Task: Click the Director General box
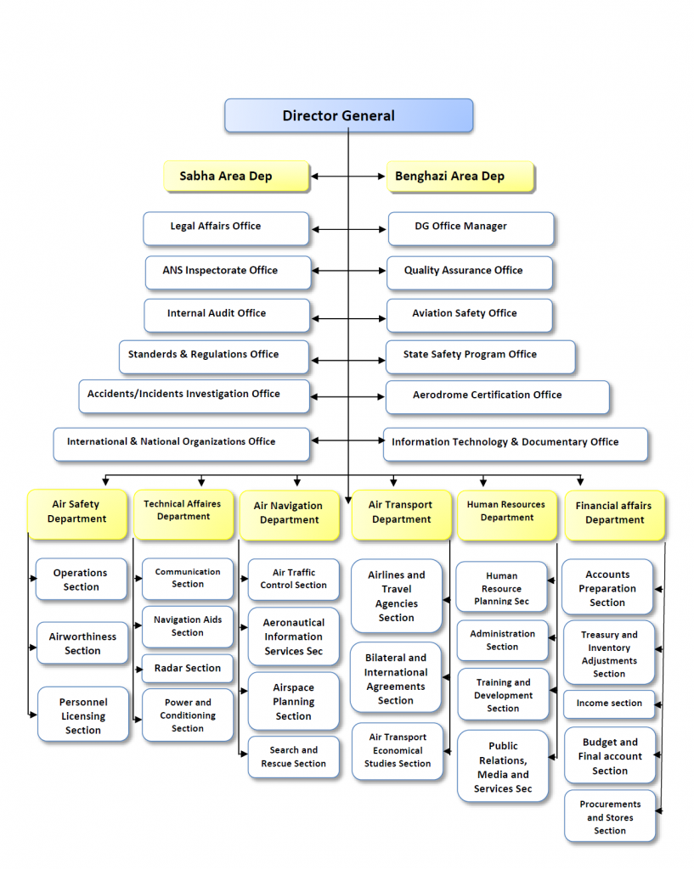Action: (348, 115)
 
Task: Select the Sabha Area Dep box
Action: (235, 177)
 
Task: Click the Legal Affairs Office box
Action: (226, 227)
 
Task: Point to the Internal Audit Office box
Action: (226, 314)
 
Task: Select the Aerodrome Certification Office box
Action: (497, 395)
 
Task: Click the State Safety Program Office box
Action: (480, 356)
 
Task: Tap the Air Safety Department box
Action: (77, 513)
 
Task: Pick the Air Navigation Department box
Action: (290, 513)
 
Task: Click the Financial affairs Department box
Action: (614, 513)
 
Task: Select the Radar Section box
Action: (187, 669)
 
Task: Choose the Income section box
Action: (609, 704)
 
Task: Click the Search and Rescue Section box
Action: (293, 757)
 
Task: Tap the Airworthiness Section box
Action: (82, 643)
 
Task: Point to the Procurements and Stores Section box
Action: (610, 817)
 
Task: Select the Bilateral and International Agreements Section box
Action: (396, 679)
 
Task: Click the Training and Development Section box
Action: (503, 695)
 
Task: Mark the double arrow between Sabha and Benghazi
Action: (347, 177)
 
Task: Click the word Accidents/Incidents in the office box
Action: (133, 394)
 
